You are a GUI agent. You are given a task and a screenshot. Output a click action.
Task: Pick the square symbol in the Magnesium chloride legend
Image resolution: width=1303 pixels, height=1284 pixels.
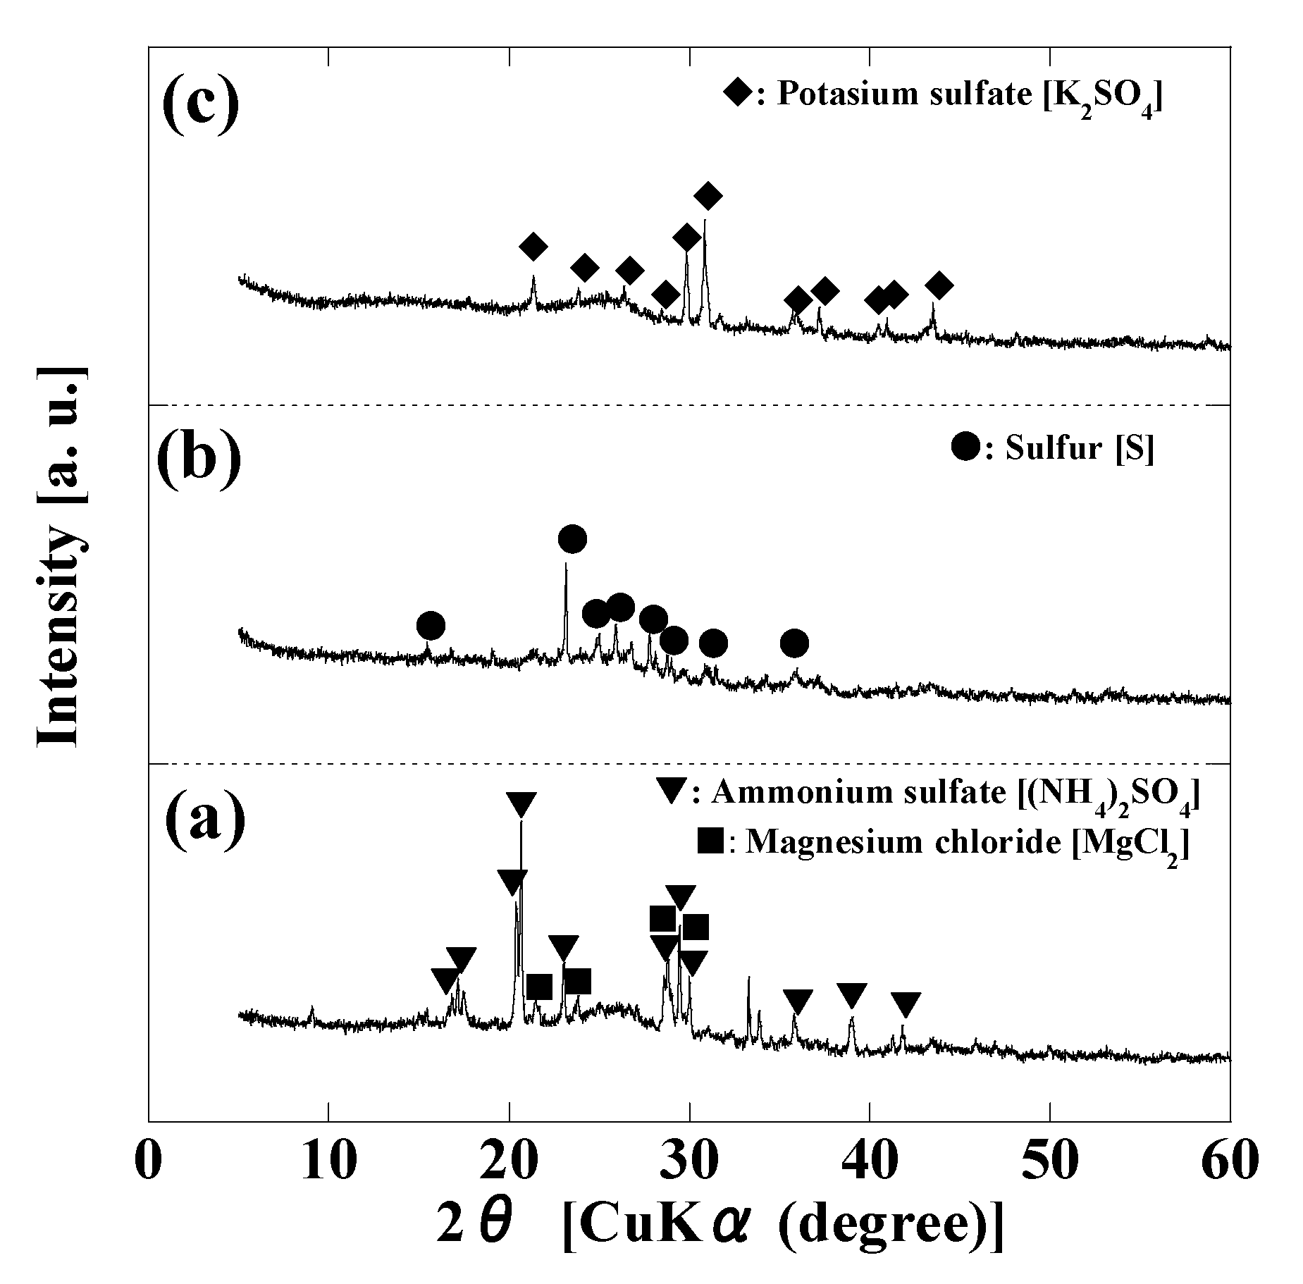pos(710,841)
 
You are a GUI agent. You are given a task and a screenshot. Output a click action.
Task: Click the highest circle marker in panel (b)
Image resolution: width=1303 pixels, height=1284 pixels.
pos(572,539)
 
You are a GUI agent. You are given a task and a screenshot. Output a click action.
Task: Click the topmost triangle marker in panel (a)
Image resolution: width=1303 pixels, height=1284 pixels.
pos(521,803)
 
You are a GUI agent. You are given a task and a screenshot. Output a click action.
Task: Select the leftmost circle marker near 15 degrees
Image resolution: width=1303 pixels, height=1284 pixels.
pos(431,625)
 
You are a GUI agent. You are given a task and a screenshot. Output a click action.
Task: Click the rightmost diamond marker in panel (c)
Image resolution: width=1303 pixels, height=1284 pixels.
pos(939,285)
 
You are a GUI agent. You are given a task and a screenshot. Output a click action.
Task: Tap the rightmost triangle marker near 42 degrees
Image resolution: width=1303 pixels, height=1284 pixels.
pos(906,1004)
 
